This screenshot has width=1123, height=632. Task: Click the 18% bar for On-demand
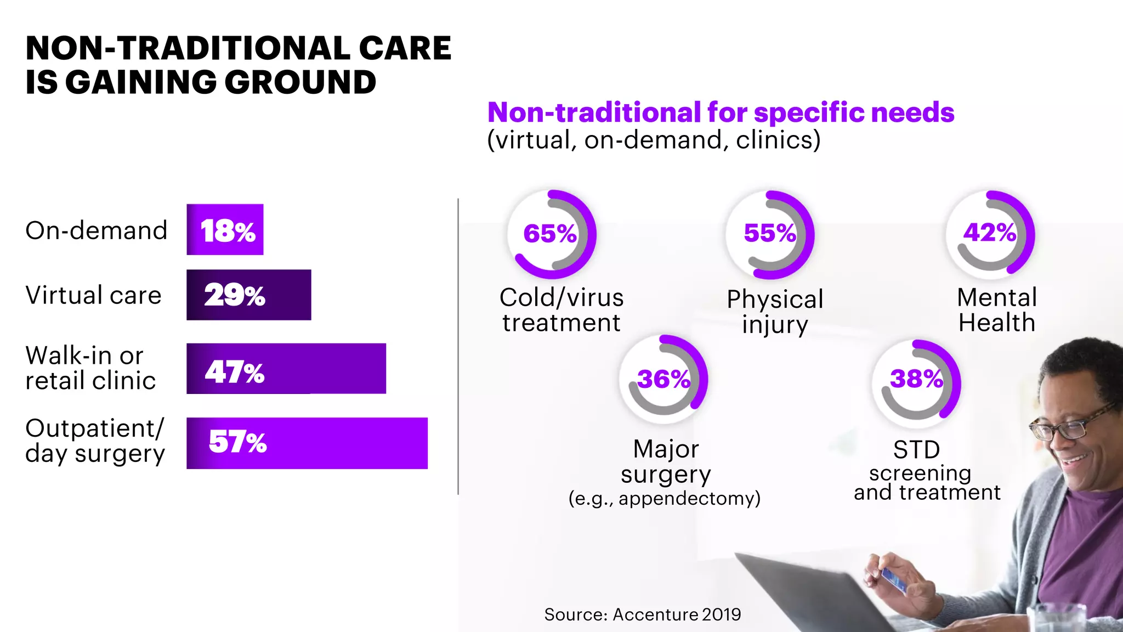click(x=225, y=230)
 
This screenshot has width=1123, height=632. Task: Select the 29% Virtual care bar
click(x=248, y=295)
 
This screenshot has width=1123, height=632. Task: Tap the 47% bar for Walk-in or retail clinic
click(x=286, y=369)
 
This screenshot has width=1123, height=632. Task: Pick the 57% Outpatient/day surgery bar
click(x=307, y=443)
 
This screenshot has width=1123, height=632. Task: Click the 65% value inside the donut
click(x=550, y=234)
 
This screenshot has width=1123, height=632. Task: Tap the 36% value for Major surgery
click(x=663, y=379)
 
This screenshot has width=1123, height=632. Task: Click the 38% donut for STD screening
click(x=916, y=379)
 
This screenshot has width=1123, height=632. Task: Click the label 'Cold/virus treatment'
click(x=561, y=310)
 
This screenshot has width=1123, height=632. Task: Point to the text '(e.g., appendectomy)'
click(x=665, y=498)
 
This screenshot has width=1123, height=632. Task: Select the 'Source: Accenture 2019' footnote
click(x=642, y=614)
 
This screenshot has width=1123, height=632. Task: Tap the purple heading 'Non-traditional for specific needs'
click(x=721, y=112)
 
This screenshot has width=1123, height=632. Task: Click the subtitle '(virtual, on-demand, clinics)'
click(x=654, y=140)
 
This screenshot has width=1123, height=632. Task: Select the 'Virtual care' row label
click(x=94, y=295)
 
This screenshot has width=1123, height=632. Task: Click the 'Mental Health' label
click(x=997, y=310)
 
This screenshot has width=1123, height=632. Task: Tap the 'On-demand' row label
click(x=97, y=230)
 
